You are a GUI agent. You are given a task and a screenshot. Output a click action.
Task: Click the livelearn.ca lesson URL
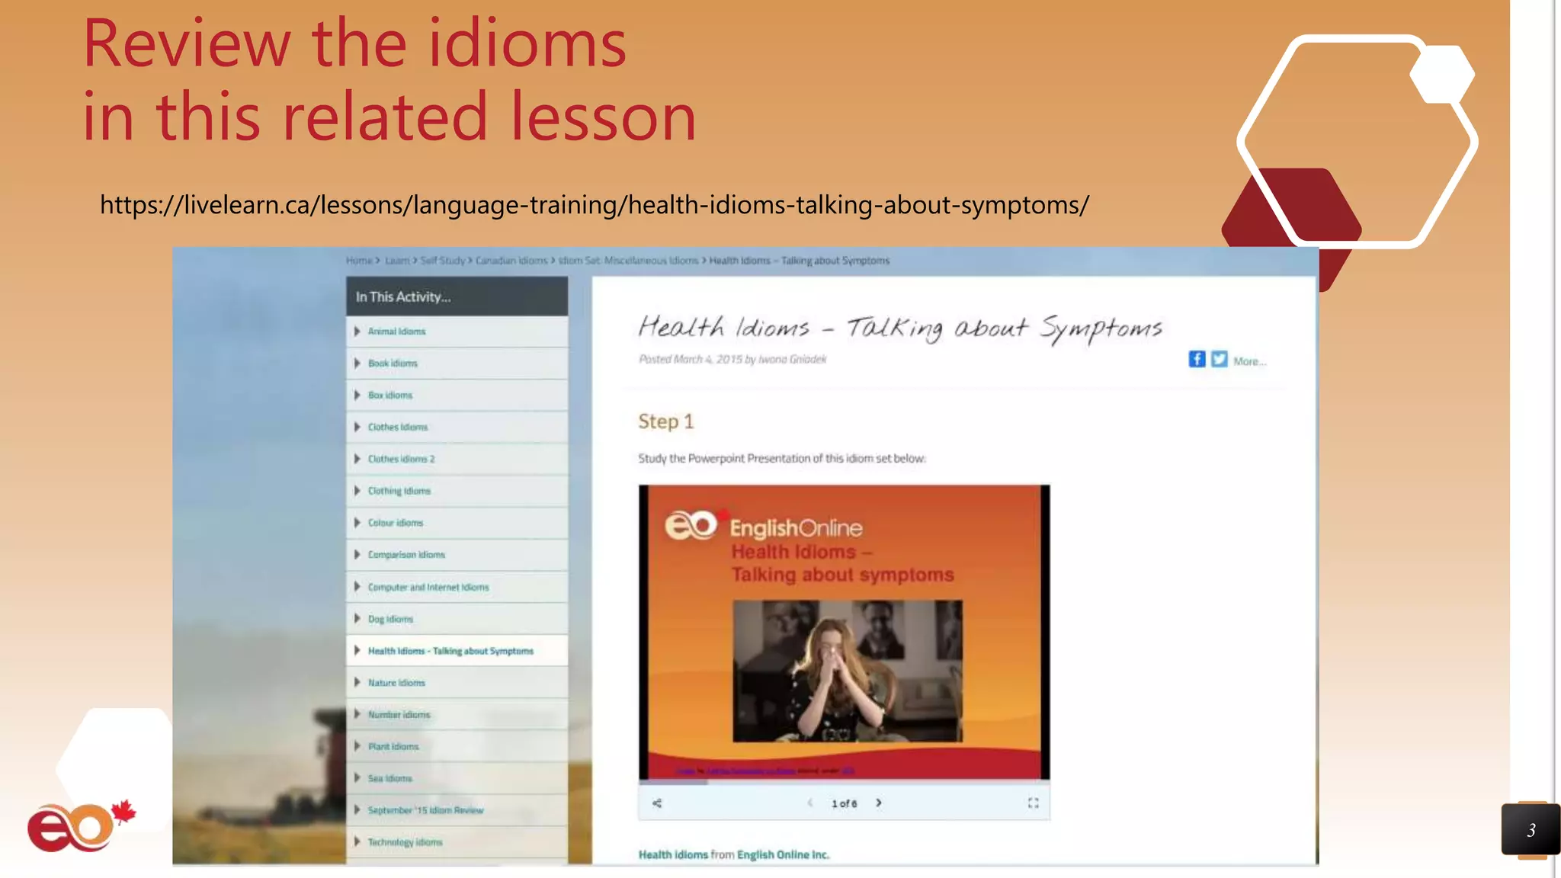[595, 205]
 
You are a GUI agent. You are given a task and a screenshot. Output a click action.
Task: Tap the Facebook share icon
[1197, 359]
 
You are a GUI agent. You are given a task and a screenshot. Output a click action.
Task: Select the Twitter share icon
[1220, 359]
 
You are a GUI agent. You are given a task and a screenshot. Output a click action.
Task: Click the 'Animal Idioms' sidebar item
[396, 332]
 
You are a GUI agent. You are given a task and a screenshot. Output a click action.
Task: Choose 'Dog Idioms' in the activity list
[390, 619]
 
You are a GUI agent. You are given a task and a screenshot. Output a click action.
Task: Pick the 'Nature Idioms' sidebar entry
[396, 683]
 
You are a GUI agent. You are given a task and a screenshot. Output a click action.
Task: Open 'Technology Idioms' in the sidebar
[405, 842]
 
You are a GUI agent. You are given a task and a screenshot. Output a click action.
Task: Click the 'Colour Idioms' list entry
[395, 523]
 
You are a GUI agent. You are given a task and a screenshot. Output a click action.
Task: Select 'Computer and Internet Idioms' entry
[428, 587]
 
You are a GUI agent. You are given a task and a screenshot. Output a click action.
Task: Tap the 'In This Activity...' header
[403, 297]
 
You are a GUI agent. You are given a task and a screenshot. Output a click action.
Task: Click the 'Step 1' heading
[665, 421]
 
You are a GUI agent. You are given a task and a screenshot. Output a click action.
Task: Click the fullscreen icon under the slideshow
[1033, 803]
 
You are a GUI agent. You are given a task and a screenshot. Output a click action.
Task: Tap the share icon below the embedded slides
[657, 803]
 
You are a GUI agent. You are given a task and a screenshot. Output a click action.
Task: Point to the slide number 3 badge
[1531, 830]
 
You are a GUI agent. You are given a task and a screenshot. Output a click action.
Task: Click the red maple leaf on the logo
[123, 812]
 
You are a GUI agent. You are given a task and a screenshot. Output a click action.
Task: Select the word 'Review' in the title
[186, 44]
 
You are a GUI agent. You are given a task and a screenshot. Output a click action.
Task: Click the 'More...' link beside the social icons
[1249, 361]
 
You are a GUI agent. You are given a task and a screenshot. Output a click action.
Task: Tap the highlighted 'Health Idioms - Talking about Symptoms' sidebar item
[450, 651]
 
